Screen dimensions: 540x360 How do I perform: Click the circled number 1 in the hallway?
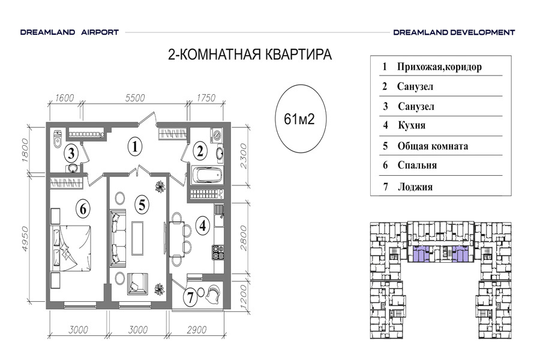[134, 147]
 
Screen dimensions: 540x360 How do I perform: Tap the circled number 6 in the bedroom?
[83, 209]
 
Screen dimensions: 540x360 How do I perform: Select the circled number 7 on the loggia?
[190, 297]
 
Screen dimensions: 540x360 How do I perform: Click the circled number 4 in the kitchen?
[203, 226]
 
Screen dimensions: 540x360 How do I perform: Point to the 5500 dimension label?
[135, 98]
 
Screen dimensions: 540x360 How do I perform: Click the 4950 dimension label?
[25, 238]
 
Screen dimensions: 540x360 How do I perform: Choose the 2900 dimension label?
[197, 329]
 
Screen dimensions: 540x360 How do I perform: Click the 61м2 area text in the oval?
[299, 119]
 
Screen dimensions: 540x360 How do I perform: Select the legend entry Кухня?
[412, 125]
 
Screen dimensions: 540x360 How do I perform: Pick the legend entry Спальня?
[417, 165]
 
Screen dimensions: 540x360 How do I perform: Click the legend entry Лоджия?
[415, 187]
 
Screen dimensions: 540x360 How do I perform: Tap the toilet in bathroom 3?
[58, 139]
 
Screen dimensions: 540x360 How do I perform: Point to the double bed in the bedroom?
[72, 248]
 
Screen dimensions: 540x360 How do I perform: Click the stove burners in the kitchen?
[218, 252]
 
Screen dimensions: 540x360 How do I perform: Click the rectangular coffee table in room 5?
[137, 238]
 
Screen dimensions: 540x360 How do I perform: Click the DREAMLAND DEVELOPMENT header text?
[454, 32]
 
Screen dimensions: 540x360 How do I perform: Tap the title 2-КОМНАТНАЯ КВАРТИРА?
[250, 55]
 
